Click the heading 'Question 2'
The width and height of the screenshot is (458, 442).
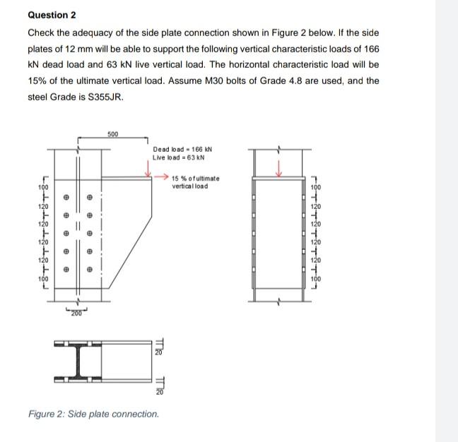52,15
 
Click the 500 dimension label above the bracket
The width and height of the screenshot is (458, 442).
114,133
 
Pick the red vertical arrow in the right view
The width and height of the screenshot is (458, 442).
278,168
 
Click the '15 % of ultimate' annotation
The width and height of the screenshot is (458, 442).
196,178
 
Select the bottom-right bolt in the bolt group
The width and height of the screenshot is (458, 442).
90,268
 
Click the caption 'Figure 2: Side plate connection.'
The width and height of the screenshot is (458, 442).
93,414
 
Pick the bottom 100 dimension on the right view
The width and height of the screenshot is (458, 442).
315,280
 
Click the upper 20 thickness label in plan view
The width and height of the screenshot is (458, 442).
160,352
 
